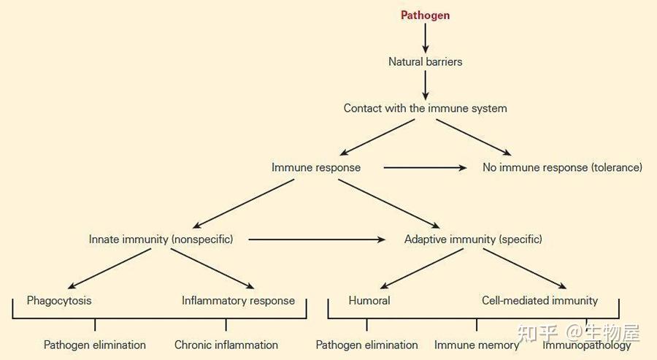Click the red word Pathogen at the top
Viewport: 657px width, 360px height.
pos(425,15)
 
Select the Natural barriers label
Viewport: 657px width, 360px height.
pos(426,61)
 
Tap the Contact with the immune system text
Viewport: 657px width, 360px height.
pos(426,108)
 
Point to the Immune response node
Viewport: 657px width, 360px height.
pos(316,168)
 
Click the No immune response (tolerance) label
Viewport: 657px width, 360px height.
pos(562,168)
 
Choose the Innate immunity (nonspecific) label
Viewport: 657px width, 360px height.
pos(161,240)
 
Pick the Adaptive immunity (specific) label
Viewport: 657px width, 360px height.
pos(473,240)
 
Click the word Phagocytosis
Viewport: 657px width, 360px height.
pos(59,301)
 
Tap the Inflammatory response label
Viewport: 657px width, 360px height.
pos(238,301)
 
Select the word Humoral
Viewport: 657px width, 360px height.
pos(369,301)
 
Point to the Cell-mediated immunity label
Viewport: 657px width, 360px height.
pos(539,301)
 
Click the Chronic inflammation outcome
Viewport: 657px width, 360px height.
pos(226,345)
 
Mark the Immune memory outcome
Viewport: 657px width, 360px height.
pos(477,345)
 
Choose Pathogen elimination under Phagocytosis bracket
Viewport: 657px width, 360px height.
pos(95,345)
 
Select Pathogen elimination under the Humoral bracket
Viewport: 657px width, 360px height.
pos(366,345)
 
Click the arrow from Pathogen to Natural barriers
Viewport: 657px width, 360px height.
pos(426,38)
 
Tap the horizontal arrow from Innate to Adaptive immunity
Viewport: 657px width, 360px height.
pos(317,240)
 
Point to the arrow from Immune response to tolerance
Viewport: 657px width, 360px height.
pos(425,168)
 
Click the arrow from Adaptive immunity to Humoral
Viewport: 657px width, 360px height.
pos(421,269)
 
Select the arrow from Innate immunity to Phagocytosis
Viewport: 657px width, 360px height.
pos(109,269)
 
